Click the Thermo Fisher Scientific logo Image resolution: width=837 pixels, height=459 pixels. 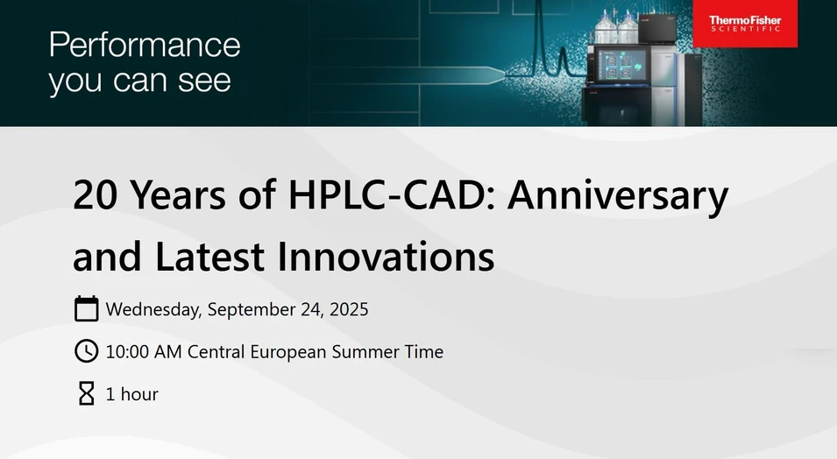[744, 25]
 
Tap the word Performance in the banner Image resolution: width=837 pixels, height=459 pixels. [145, 45]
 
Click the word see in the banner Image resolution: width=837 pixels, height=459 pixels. [206, 81]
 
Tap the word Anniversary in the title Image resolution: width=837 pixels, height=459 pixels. [618, 195]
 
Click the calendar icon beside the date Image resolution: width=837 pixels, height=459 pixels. [86, 309]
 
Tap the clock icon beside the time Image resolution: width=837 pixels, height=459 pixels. [86, 351]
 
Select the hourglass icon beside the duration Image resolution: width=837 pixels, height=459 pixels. [86, 393]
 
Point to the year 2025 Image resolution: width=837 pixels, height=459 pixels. [348, 309]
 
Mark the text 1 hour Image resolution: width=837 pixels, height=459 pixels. [131, 394]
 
